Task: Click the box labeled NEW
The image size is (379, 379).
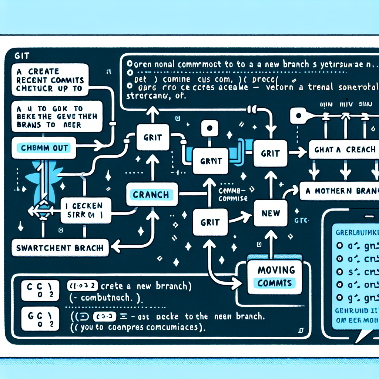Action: click(x=271, y=213)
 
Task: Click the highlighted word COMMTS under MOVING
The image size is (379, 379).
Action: click(x=275, y=283)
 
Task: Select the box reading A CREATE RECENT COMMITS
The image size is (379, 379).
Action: click(x=50, y=80)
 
